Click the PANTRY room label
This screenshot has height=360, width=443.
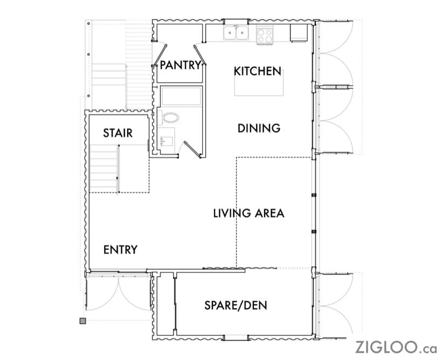point(180,65)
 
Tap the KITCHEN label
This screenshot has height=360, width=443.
point(258,71)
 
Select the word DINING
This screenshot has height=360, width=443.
point(259,128)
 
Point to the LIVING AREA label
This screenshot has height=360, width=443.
point(248,213)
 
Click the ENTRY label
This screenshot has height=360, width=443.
point(120,250)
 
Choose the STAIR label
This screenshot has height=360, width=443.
point(118,133)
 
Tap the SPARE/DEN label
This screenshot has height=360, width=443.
point(236,306)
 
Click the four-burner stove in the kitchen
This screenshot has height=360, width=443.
point(265,36)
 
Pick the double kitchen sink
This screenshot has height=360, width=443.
point(236,33)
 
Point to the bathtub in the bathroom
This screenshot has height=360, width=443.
point(181,96)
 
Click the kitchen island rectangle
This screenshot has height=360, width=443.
point(259,82)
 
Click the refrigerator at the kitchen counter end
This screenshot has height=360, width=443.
point(299,33)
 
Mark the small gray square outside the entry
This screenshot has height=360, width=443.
point(82,321)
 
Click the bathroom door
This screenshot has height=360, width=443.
point(192,149)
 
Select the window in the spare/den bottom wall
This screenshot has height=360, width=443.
point(236,337)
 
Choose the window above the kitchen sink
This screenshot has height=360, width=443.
point(236,22)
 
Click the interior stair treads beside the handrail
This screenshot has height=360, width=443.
point(103,169)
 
